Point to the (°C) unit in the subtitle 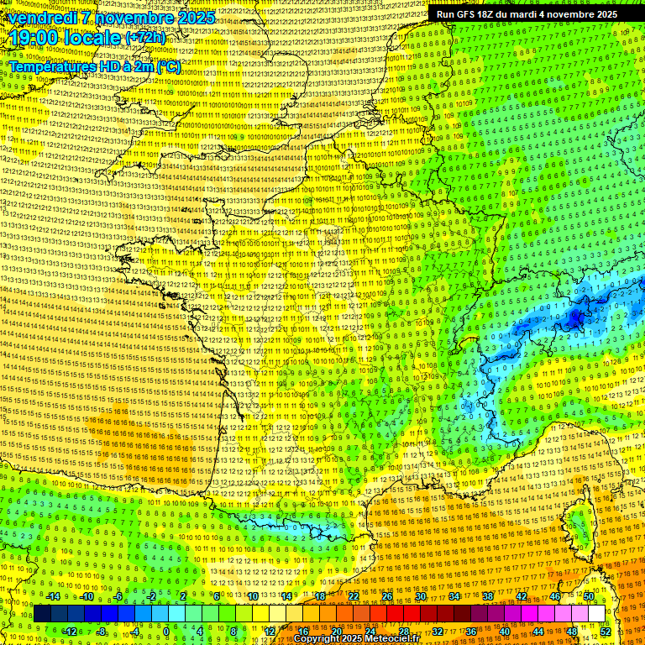(167, 66)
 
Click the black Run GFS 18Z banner (527, 14)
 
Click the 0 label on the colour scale (166, 631)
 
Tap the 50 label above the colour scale (588, 596)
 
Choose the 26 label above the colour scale (387, 596)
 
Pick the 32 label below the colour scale (438, 631)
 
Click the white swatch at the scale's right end (596, 613)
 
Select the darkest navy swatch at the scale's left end (42, 613)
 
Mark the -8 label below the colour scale (102, 631)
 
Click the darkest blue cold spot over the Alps (576, 317)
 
